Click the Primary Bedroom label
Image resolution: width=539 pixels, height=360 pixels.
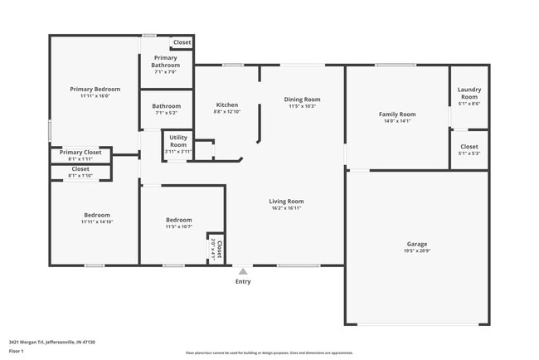(95, 89)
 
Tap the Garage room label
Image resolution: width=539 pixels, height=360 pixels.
(417, 244)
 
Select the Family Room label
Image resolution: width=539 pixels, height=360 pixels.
(397, 114)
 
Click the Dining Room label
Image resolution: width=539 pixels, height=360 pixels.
(303, 99)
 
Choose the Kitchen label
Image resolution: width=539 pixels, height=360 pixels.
(227, 105)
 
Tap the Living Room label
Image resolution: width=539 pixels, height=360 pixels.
(286, 201)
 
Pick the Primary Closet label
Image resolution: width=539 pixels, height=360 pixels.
(81, 152)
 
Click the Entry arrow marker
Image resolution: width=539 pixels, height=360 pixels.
(243, 270)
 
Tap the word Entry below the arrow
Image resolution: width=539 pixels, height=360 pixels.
(243, 281)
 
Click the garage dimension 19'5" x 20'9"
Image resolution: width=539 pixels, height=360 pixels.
(417, 251)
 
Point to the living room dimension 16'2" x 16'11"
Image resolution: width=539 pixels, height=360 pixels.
(286, 208)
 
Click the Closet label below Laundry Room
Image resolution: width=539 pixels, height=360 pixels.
(469, 147)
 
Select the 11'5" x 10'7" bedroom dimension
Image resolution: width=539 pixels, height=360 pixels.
(178, 226)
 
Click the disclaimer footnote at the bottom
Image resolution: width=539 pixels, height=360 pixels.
(269, 353)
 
